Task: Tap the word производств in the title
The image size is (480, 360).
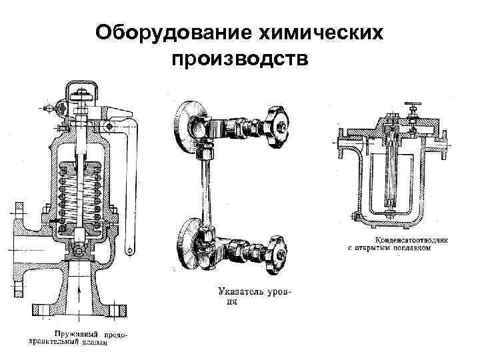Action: pyautogui.click(x=240, y=59)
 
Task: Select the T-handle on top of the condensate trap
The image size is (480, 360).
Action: pyautogui.click(x=412, y=106)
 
